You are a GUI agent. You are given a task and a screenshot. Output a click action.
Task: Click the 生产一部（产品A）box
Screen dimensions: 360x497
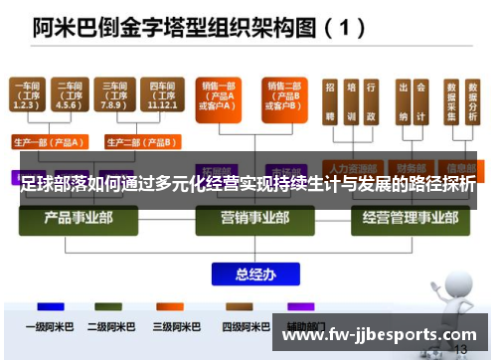49,141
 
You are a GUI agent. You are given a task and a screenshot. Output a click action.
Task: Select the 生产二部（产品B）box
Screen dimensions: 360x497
134,141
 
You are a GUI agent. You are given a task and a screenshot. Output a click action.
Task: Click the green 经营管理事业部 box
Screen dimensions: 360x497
400,218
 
